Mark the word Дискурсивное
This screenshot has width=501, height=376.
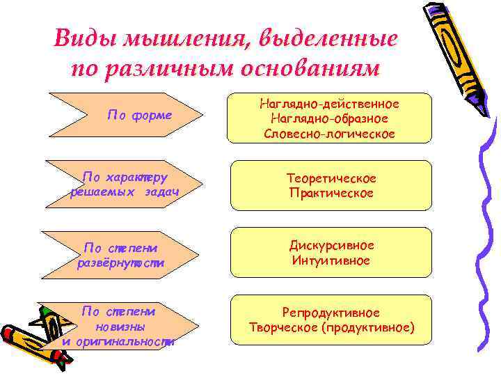(332, 246)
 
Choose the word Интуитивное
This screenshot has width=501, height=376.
(332, 261)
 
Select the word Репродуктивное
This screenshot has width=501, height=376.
(331, 313)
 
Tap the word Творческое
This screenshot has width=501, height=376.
(281, 327)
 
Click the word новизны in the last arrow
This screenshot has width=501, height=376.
(118, 327)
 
